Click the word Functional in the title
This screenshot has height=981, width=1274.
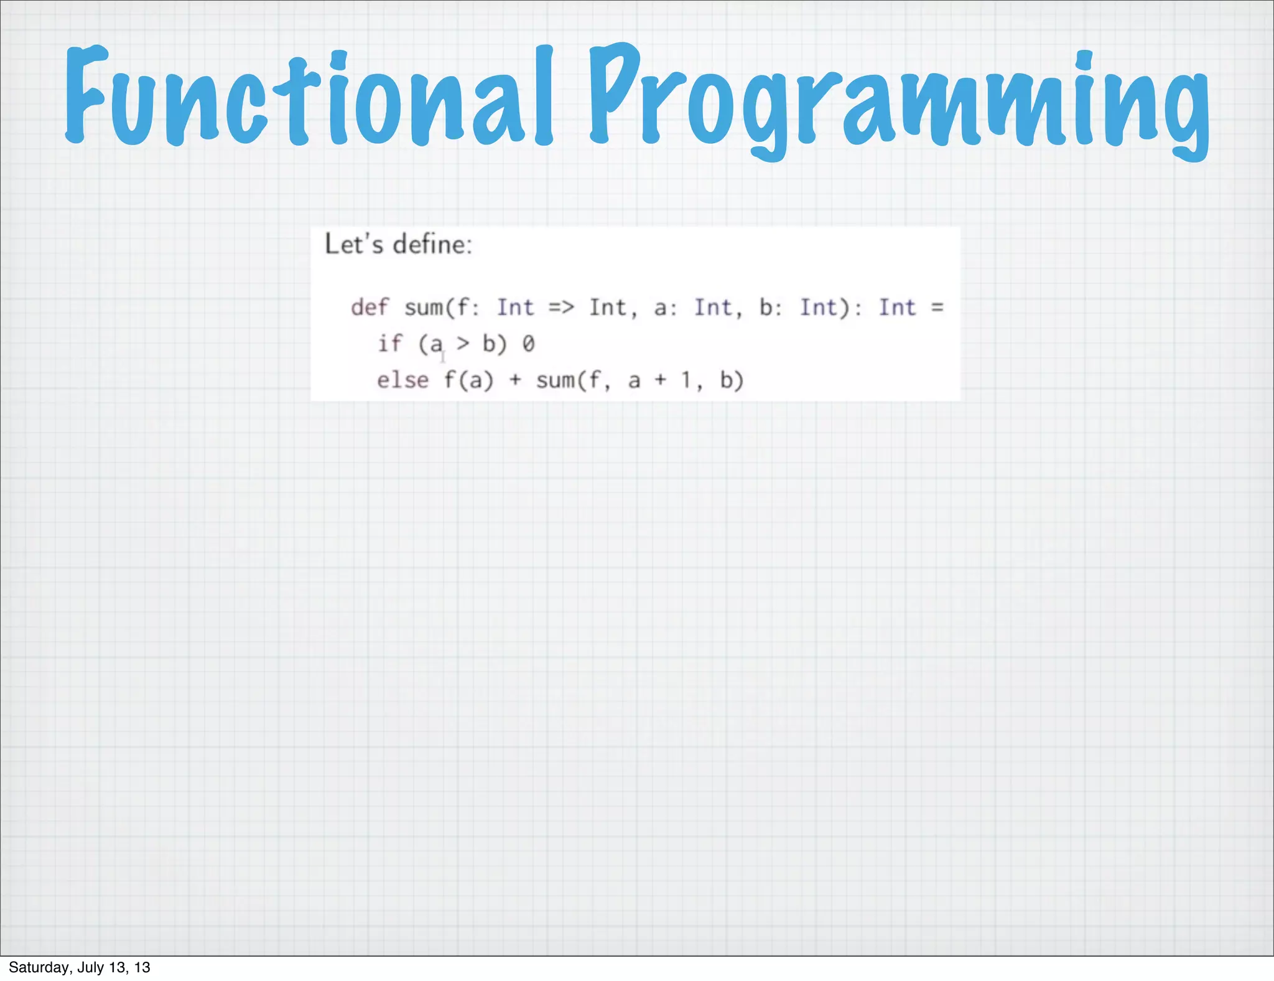click(x=308, y=96)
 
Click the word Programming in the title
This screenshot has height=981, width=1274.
click(x=899, y=100)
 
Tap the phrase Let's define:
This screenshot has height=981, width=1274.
click(x=399, y=244)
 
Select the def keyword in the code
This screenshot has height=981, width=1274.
click(x=370, y=307)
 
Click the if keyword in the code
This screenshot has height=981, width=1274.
click(x=390, y=344)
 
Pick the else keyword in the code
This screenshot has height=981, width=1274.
click(x=402, y=380)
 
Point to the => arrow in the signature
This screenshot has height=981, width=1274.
click(x=561, y=307)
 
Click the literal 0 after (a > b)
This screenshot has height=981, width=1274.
click(x=528, y=344)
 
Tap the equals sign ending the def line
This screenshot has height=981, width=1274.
click(x=937, y=307)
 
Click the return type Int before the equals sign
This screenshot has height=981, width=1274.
click(x=897, y=307)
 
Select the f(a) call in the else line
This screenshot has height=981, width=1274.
click(x=469, y=380)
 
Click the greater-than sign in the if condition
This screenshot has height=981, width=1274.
click(x=463, y=344)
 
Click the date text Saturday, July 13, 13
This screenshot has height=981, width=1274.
click(x=80, y=967)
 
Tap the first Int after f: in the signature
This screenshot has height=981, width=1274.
click(x=515, y=307)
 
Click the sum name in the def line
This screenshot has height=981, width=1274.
click(x=424, y=307)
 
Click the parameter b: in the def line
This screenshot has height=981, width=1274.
click(x=770, y=307)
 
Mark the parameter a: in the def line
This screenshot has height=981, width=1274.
click(x=665, y=307)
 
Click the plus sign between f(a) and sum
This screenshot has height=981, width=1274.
click(x=515, y=380)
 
